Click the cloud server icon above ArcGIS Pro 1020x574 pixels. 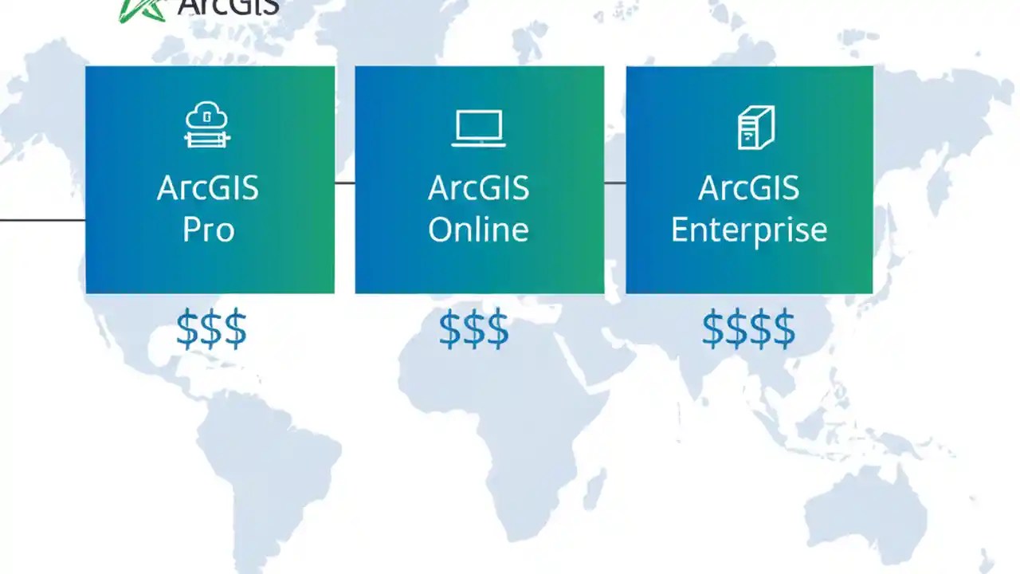pos(207,125)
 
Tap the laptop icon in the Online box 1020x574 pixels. pos(478,128)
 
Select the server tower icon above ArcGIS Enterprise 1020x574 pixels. pos(755,128)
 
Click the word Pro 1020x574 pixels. pos(209,230)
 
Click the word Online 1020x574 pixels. pos(478,230)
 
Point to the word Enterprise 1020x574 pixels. pos(749,230)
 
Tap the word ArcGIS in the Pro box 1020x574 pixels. pos(208,189)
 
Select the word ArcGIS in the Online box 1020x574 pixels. pos(478,189)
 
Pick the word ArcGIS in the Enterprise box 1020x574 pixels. pos(749,189)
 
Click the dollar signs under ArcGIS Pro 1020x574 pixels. pos(211,329)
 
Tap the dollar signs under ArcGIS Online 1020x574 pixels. pos(473,329)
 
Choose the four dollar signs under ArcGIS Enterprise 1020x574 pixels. pos(748,329)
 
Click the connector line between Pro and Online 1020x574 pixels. pos(344,183)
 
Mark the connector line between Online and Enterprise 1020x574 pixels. pos(614,183)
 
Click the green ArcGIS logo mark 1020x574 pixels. pos(142,10)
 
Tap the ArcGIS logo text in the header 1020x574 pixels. pos(228,7)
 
